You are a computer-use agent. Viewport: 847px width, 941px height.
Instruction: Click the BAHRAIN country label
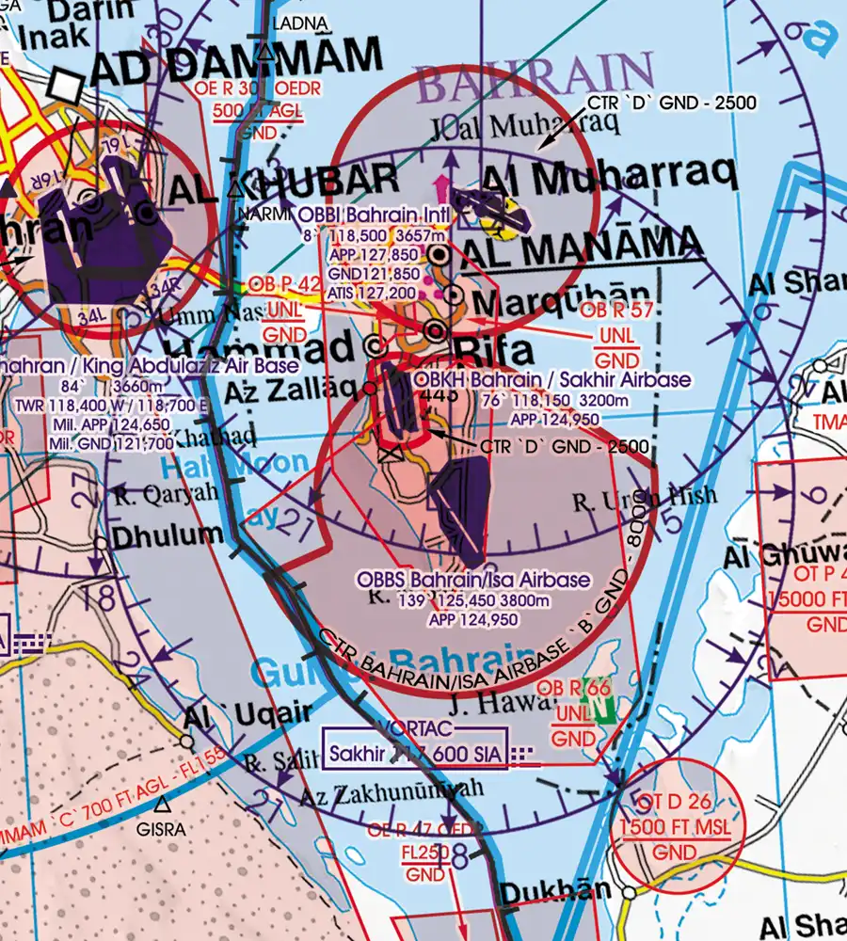[x=535, y=80]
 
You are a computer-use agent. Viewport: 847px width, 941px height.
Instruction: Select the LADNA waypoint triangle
[x=267, y=54]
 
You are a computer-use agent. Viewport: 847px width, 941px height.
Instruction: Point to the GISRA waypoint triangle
[x=164, y=805]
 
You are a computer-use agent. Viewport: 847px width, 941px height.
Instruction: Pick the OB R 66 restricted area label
[x=573, y=689]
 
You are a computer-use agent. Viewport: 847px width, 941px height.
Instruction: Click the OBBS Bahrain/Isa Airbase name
[x=473, y=580]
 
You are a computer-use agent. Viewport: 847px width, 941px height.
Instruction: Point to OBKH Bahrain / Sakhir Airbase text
[x=552, y=380]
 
